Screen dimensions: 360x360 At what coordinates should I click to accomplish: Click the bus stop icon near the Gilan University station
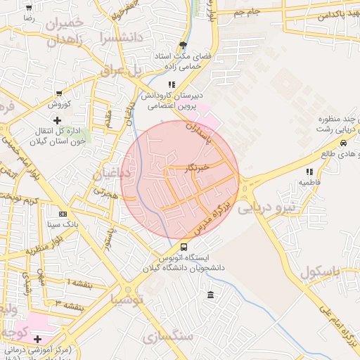[184, 247]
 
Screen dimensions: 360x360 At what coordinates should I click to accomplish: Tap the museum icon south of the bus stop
[210, 293]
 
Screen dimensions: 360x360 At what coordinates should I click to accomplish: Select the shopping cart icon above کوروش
[58, 93]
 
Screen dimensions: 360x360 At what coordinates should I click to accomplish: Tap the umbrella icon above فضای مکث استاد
[184, 44]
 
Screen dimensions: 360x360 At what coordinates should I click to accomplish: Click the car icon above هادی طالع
[343, 143]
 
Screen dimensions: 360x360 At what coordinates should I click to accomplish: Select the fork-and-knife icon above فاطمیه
[309, 171]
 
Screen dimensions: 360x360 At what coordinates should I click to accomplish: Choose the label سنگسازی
[168, 337]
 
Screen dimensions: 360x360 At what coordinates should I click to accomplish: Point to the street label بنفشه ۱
[79, 281]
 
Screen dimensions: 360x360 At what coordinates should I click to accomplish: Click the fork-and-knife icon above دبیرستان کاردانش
[172, 85]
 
